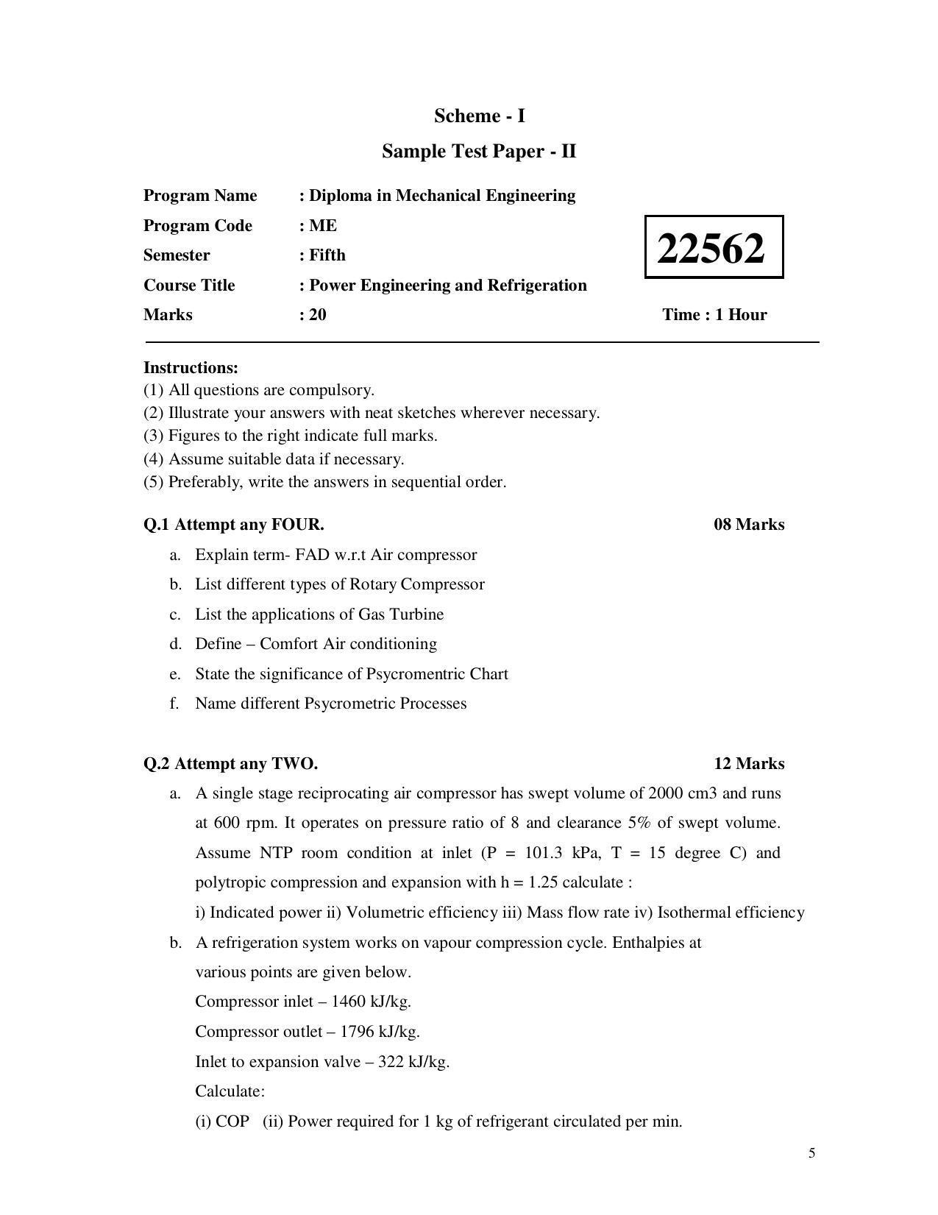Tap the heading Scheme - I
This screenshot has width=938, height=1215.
(479, 116)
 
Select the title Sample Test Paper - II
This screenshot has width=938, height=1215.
(479, 151)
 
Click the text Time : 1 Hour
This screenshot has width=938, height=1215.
(714, 314)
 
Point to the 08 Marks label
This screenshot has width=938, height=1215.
(748, 524)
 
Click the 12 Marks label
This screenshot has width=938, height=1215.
(748, 763)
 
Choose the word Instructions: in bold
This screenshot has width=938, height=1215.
(191, 367)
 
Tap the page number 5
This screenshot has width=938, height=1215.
(811, 1152)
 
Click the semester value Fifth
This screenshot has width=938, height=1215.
(327, 255)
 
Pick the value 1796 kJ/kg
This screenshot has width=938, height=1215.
(380, 1031)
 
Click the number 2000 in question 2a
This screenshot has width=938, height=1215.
(667, 793)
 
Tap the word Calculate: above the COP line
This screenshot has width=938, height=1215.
(230, 1091)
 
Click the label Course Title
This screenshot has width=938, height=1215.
(189, 285)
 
